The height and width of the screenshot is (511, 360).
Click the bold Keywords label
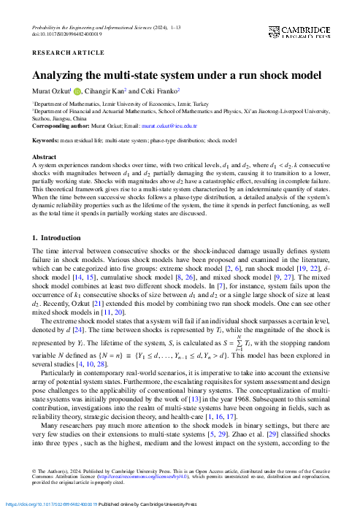45,139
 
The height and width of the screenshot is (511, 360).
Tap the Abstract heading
44,157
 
